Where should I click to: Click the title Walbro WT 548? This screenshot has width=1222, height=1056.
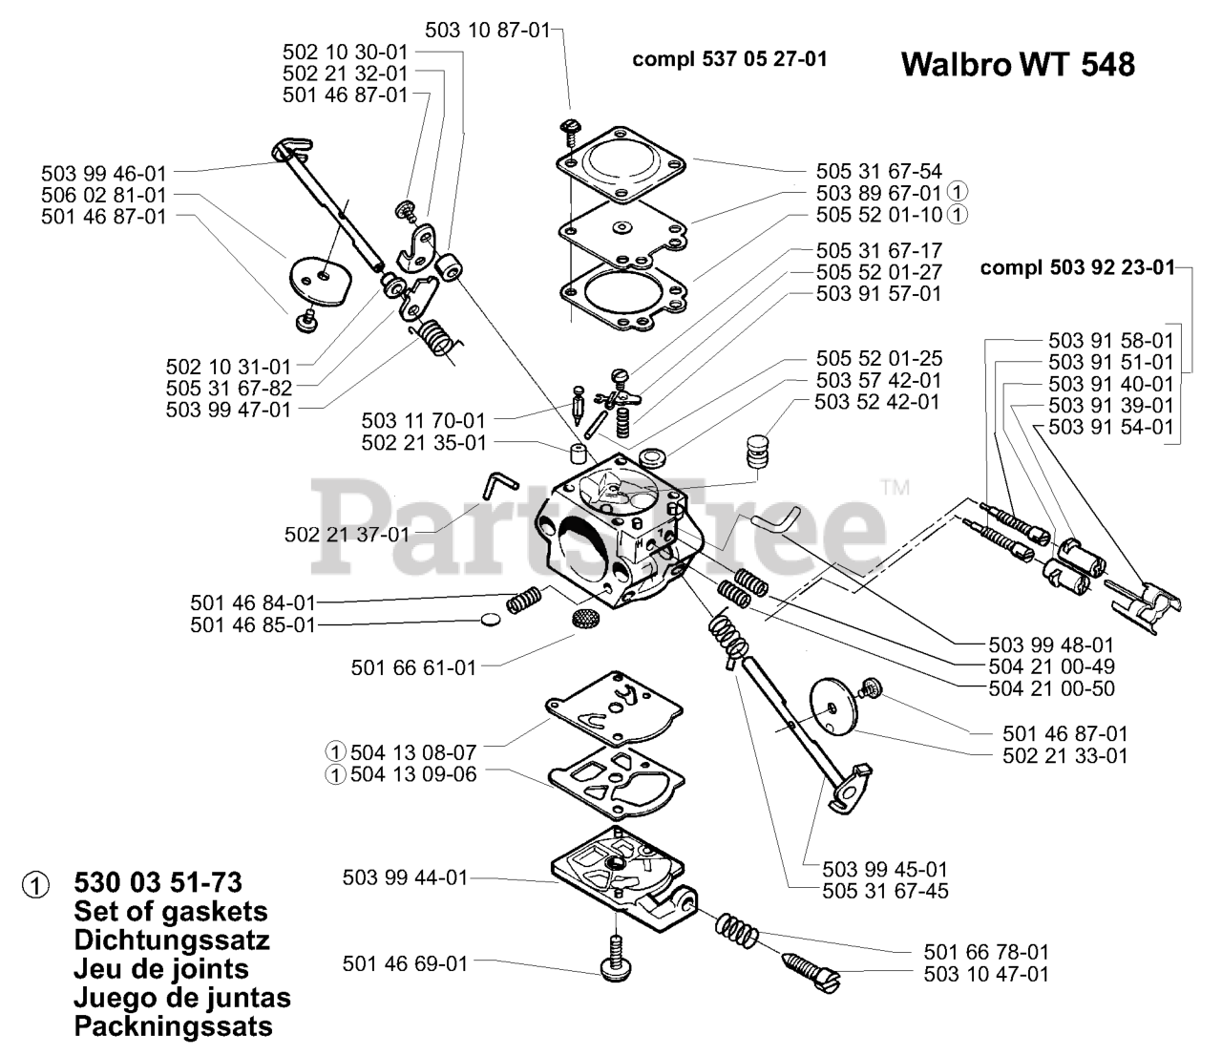[x=1018, y=64]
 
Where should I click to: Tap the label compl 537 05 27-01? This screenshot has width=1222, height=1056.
[x=729, y=59]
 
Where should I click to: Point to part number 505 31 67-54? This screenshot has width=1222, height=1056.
[x=878, y=171]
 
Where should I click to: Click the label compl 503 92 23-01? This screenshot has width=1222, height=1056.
[x=1078, y=267]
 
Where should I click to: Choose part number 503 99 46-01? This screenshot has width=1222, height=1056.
[x=103, y=173]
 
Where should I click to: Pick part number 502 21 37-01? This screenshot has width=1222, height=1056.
[x=347, y=535]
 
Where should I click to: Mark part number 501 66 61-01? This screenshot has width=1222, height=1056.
[x=413, y=668]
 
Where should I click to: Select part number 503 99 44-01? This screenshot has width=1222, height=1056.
[x=405, y=876]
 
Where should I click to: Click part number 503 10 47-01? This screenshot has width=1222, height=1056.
[x=986, y=974]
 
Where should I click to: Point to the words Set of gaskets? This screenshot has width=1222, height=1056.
[x=170, y=911]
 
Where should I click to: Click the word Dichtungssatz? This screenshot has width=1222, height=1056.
[x=171, y=940]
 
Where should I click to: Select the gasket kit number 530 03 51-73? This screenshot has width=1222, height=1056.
[x=158, y=881]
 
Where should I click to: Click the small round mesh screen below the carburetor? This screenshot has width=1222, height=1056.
[x=585, y=618]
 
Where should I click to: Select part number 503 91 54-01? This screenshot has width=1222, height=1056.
[x=1110, y=427]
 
